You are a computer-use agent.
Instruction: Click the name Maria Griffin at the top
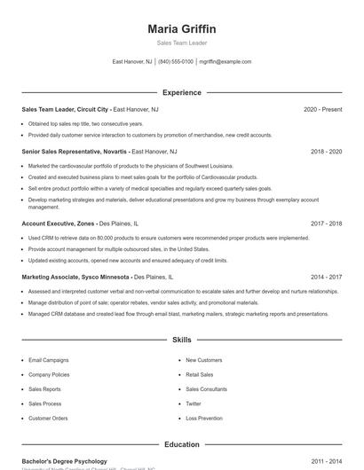pyautogui.click(x=182, y=29)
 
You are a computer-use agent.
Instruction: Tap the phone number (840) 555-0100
pyautogui.click(x=176, y=62)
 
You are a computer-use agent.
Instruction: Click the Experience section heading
pyautogui.click(x=182, y=92)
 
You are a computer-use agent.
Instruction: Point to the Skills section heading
pyautogui.click(x=182, y=340)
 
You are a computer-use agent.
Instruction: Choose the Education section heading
pyautogui.click(x=182, y=444)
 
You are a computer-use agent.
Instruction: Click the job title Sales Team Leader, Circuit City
pyautogui.click(x=66, y=109)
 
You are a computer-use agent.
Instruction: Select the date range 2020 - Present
pyautogui.click(x=322, y=109)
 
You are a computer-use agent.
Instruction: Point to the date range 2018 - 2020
pyautogui.click(x=326, y=152)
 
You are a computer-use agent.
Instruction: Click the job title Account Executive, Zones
pyautogui.click(x=58, y=224)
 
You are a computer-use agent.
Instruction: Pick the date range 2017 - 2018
pyautogui.click(x=326, y=224)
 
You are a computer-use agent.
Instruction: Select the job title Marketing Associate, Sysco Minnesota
pyautogui.click(x=76, y=277)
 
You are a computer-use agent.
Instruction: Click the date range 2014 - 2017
pyautogui.click(x=326, y=277)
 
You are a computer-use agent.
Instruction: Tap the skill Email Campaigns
pyautogui.click(x=48, y=360)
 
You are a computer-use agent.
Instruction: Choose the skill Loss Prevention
pyautogui.click(x=204, y=418)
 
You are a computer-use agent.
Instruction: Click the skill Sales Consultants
pyautogui.click(x=206, y=389)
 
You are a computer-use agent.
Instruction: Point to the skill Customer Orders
pyautogui.click(x=48, y=418)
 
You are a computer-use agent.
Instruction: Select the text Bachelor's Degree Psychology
pyautogui.click(x=64, y=461)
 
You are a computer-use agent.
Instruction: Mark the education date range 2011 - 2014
pyautogui.click(x=326, y=461)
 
